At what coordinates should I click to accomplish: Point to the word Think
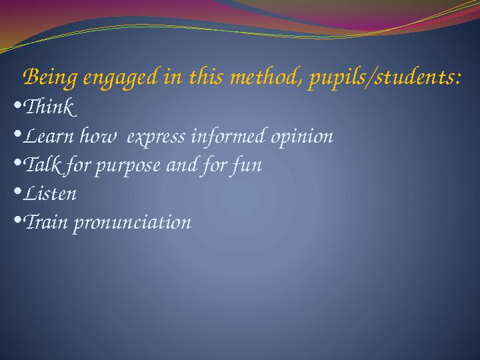pos(51,107)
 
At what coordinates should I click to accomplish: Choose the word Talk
pos(40,165)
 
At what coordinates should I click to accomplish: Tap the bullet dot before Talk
pos(17,163)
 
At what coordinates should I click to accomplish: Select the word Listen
pos(50,194)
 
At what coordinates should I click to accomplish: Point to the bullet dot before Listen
pos(17,191)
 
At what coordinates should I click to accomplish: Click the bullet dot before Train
pos(17,220)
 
